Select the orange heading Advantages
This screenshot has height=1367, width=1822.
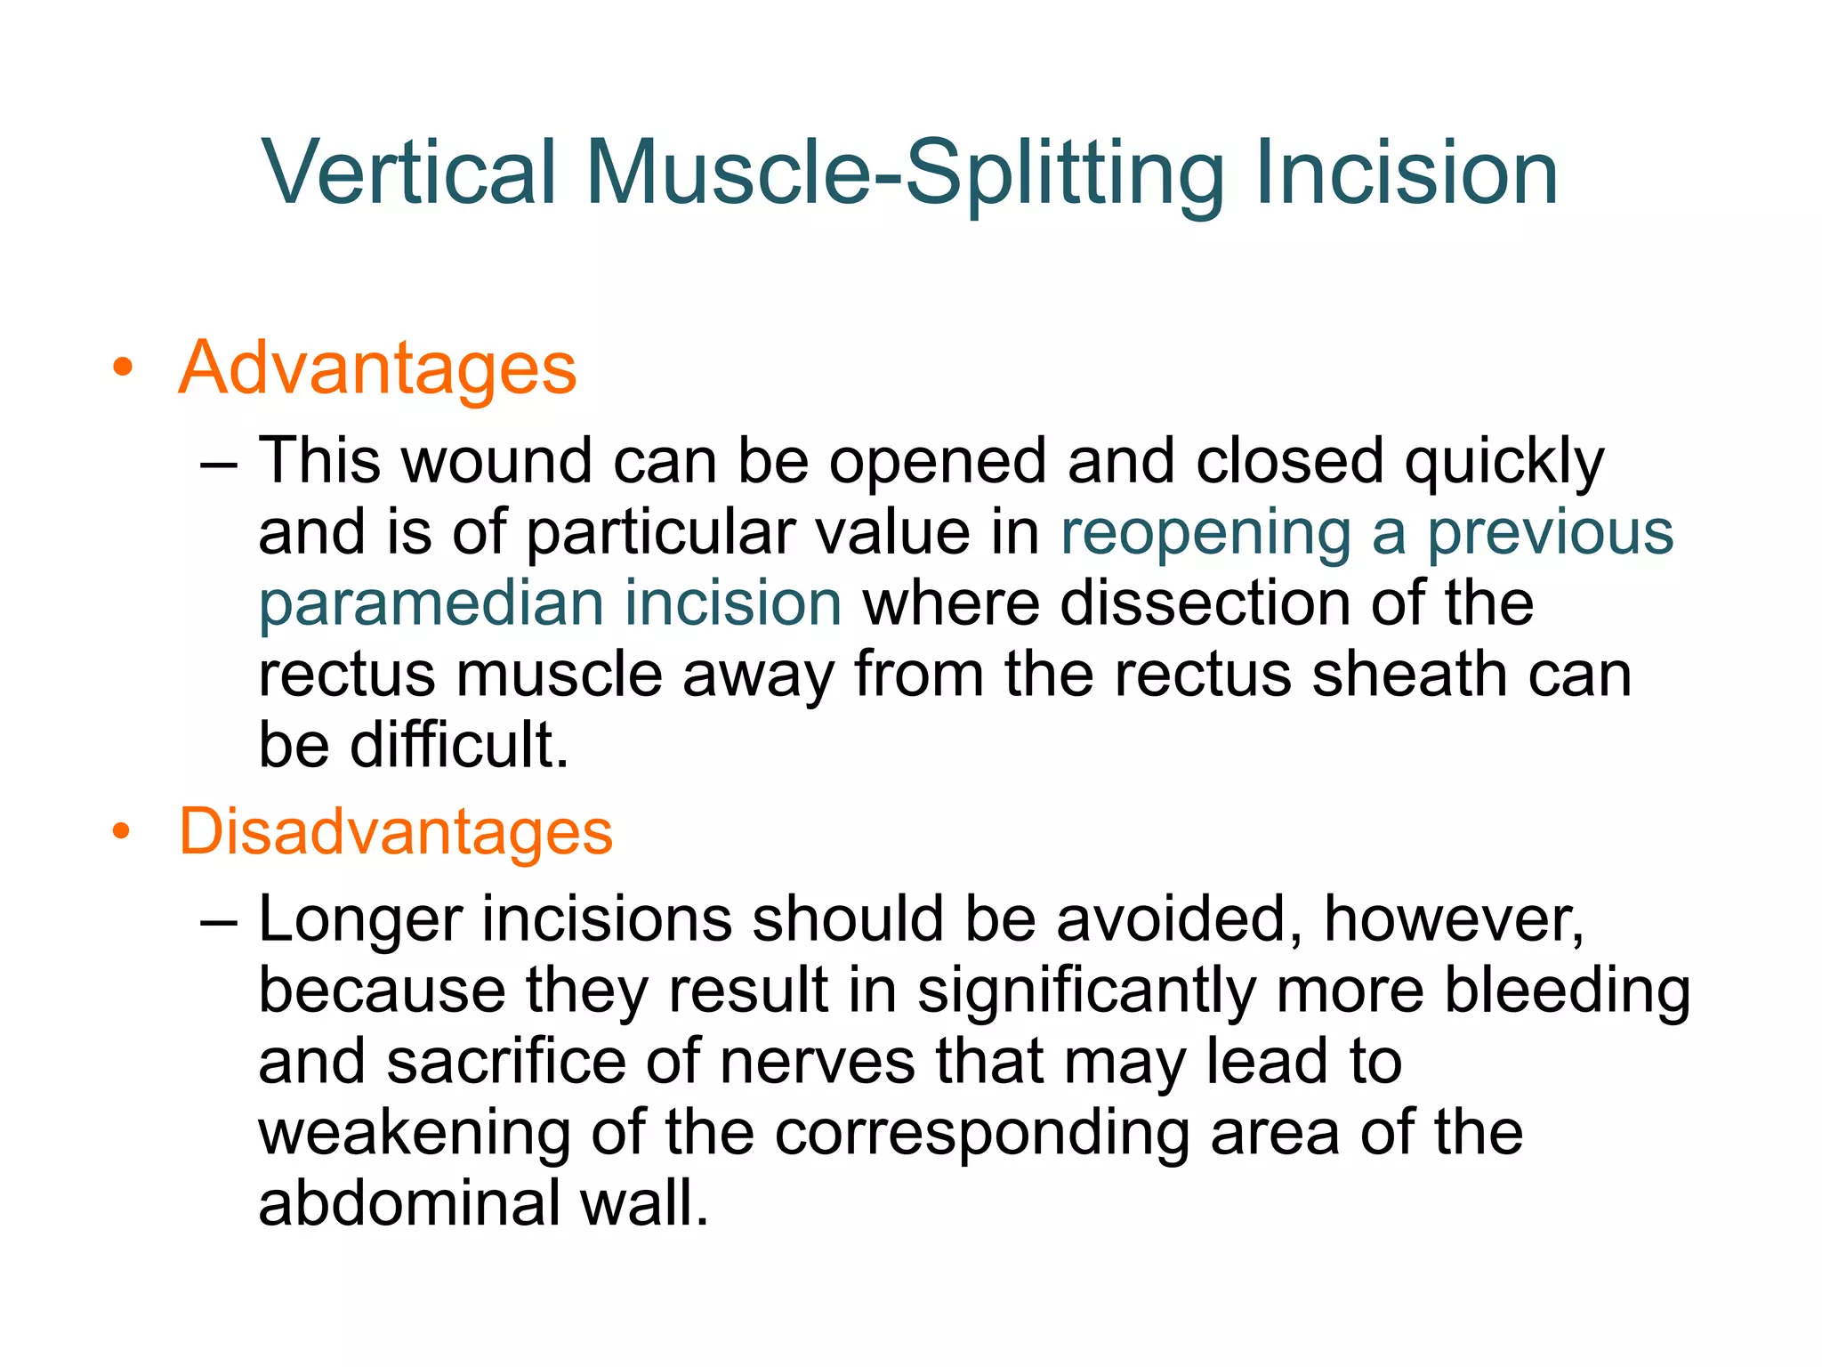click(x=377, y=368)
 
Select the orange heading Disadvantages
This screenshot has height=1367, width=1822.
click(x=396, y=831)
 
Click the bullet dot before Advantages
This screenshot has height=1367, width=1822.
click(x=123, y=368)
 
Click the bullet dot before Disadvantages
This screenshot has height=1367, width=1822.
click(x=123, y=832)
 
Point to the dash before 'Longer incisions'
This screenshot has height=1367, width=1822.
click(x=219, y=921)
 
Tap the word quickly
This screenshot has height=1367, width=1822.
click(x=1504, y=463)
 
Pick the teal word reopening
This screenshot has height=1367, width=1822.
click(x=1205, y=534)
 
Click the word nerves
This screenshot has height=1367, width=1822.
click(x=817, y=1061)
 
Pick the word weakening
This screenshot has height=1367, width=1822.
click(x=414, y=1133)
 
